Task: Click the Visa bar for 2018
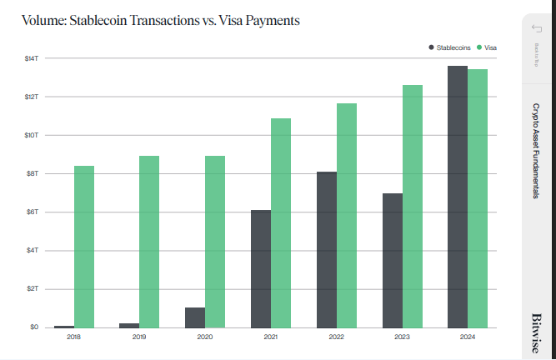coord(84,247)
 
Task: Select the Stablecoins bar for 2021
coord(260,268)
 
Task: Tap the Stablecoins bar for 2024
coord(458,196)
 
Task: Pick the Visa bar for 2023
coord(413,206)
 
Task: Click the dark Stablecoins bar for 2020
coord(194,317)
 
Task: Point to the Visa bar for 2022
coord(347,215)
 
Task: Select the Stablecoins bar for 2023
coord(393,260)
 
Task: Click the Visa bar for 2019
coord(150,242)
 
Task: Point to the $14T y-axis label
coord(32,58)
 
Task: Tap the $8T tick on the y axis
coord(32,173)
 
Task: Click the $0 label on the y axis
coord(33,327)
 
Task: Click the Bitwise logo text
coord(538,333)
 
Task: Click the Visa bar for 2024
coord(478,198)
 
